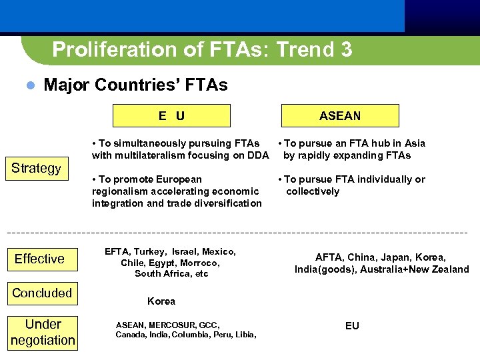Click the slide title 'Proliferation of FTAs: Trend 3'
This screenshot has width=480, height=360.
pos(202,49)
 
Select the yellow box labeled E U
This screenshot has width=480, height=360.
pos(171,116)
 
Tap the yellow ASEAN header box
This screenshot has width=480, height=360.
pos(340,116)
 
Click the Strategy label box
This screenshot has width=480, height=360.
pos(36,168)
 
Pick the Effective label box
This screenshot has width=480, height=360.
pos(40,259)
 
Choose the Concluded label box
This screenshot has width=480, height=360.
pos(42,293)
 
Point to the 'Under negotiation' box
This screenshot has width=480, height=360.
pos(43,332)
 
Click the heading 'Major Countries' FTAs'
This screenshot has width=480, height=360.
pos(135,85)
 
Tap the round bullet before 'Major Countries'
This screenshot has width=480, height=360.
pos(29,85)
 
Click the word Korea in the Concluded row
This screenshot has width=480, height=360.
pos(161,301)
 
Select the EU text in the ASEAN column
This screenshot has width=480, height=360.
pos(352,326)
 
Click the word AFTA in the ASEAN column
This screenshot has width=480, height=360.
pos(328,257)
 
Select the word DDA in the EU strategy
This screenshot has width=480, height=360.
pos(257,155)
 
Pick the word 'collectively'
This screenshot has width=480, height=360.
pos(313,191)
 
